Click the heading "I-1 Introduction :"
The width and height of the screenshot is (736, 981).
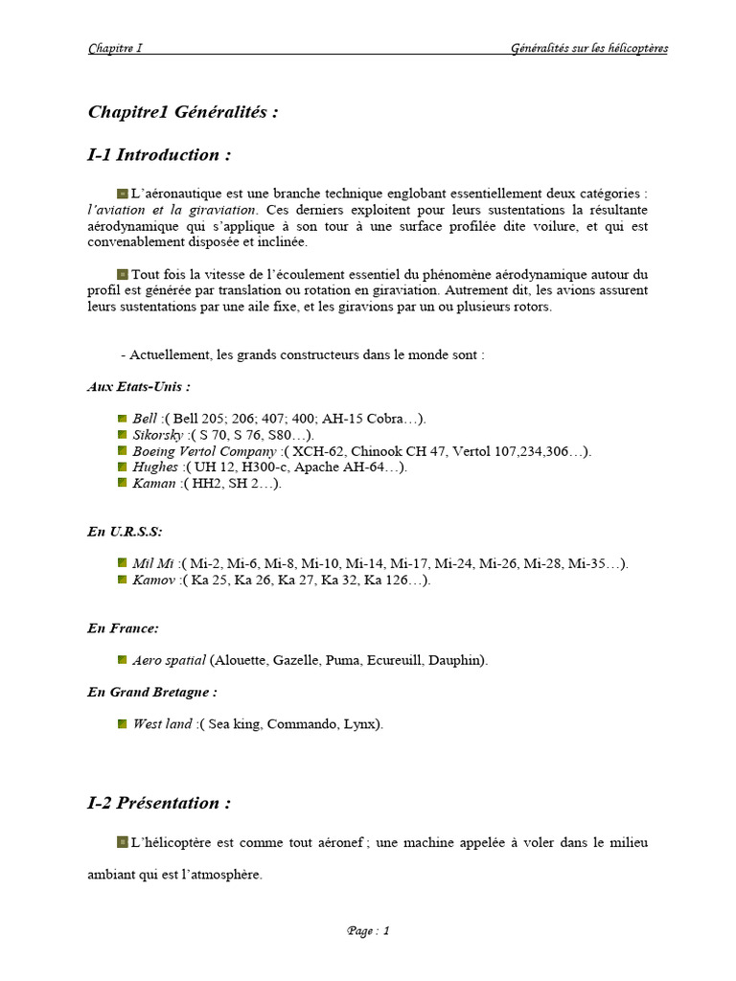[159, 155]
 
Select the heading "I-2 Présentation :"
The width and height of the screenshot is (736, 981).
[159, 804]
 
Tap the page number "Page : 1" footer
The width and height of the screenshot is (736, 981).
[368, 931]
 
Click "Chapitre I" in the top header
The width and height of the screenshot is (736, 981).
[115, 49]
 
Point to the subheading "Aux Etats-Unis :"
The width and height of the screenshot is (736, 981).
[138, 387]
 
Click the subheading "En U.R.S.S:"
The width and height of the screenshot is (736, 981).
[125, 532]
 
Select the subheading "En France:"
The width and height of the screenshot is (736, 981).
[123, 628]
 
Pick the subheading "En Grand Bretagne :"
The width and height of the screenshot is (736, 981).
[151, 692]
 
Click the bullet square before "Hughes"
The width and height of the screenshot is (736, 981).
[123, 467]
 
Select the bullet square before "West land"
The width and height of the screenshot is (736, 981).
[123, 724]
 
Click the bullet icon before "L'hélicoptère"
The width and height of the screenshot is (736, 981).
[123, 842]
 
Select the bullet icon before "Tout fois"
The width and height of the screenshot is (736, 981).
[123, 274]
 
